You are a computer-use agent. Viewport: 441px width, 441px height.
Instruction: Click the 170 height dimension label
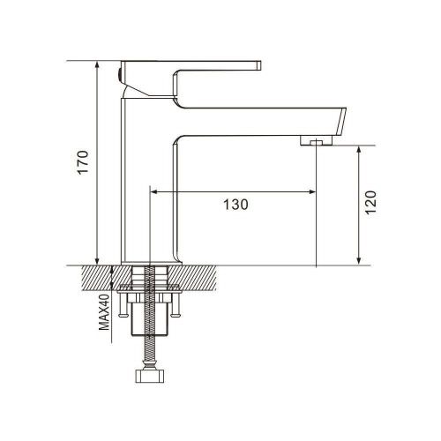83,162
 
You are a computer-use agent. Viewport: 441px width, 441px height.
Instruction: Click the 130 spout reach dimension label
235,205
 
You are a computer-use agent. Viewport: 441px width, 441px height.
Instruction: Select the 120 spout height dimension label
370,203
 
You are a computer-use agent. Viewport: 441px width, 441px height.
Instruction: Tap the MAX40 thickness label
104,312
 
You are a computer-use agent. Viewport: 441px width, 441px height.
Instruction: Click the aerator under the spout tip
316,140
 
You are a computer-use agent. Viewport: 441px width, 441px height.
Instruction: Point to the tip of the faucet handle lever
259,65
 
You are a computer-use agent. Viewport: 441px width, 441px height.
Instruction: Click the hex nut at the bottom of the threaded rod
150,377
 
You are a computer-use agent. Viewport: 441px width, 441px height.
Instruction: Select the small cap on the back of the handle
119,74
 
